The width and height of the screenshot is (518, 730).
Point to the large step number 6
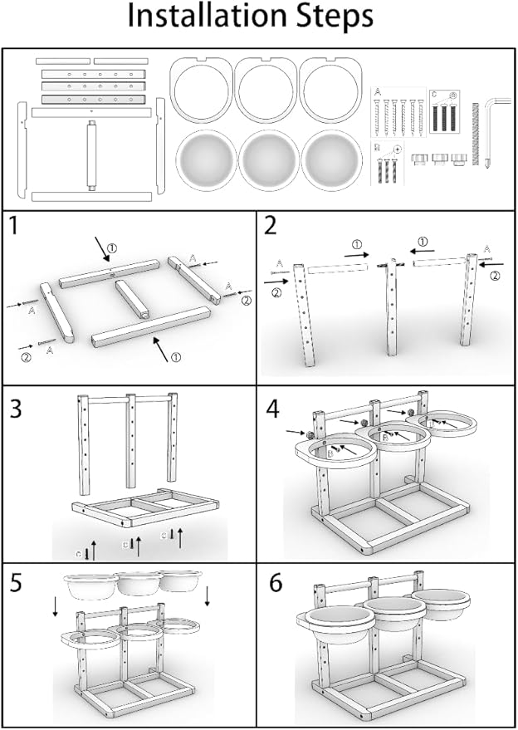[276, 583]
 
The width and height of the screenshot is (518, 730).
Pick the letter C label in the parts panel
[433, 94]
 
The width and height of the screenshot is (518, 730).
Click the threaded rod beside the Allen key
[476, 133]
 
